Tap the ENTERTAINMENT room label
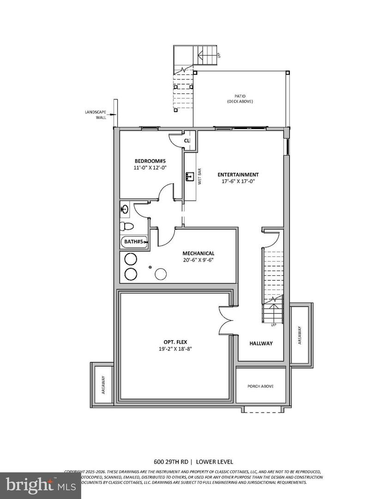(x=238, y=175)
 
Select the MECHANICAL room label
(x=198, y=253)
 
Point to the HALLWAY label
(x=261, y=343)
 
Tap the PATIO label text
(x=240, y=96)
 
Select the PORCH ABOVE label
(x=260, y=386)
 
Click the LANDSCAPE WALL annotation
(x=95, y=115)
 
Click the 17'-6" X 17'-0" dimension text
(x=238, y=181)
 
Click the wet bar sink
(x=190, y=176)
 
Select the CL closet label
(x=187, y=140)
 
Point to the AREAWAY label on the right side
(x=300, y=335)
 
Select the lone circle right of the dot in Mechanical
(x=160, y=274)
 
